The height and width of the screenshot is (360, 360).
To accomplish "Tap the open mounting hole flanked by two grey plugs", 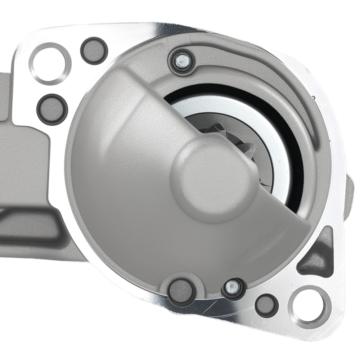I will pos(50,63).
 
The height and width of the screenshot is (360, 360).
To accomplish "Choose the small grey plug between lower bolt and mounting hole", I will pos(267,303).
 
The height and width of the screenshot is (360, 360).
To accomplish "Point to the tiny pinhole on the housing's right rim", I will pos(314,97).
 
